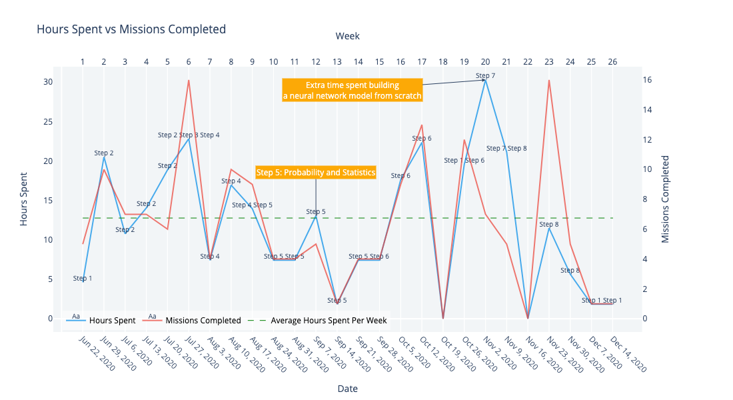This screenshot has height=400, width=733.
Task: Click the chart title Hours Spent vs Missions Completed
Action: pyautogui.click(x=131, y=29)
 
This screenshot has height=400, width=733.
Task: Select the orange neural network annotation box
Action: pyautogui.click(x=352, y=90)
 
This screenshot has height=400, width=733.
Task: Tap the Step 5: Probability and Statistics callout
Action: pyautogui.click(x=316, y=172)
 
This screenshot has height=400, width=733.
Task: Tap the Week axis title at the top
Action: pyautogui.click(x=347, y=36)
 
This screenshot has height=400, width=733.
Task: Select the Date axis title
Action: pyautogui.click(x=347, y=389)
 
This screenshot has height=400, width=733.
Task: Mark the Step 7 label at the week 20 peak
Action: pyautogui.click(x=485, y=75)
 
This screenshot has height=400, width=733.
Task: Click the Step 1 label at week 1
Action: pyautogui.click(x=83, y=278)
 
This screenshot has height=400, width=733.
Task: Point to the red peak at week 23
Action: pyautogui.click(x=549, y=81)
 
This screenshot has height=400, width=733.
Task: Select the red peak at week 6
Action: pyautogui.click(x=189, y=81)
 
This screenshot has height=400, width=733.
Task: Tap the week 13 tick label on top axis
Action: pyautogui.click(x=337, y=62)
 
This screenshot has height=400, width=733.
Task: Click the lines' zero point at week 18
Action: pyautogui.click(x=443, y=318)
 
